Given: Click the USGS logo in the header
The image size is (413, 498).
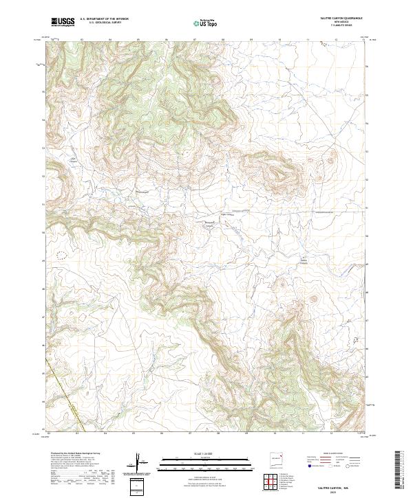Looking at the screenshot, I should click(63, 22).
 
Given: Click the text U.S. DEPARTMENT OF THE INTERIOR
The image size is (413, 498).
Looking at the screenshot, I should click(103, 19).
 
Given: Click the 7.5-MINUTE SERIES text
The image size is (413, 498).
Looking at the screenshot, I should click(337, 27).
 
